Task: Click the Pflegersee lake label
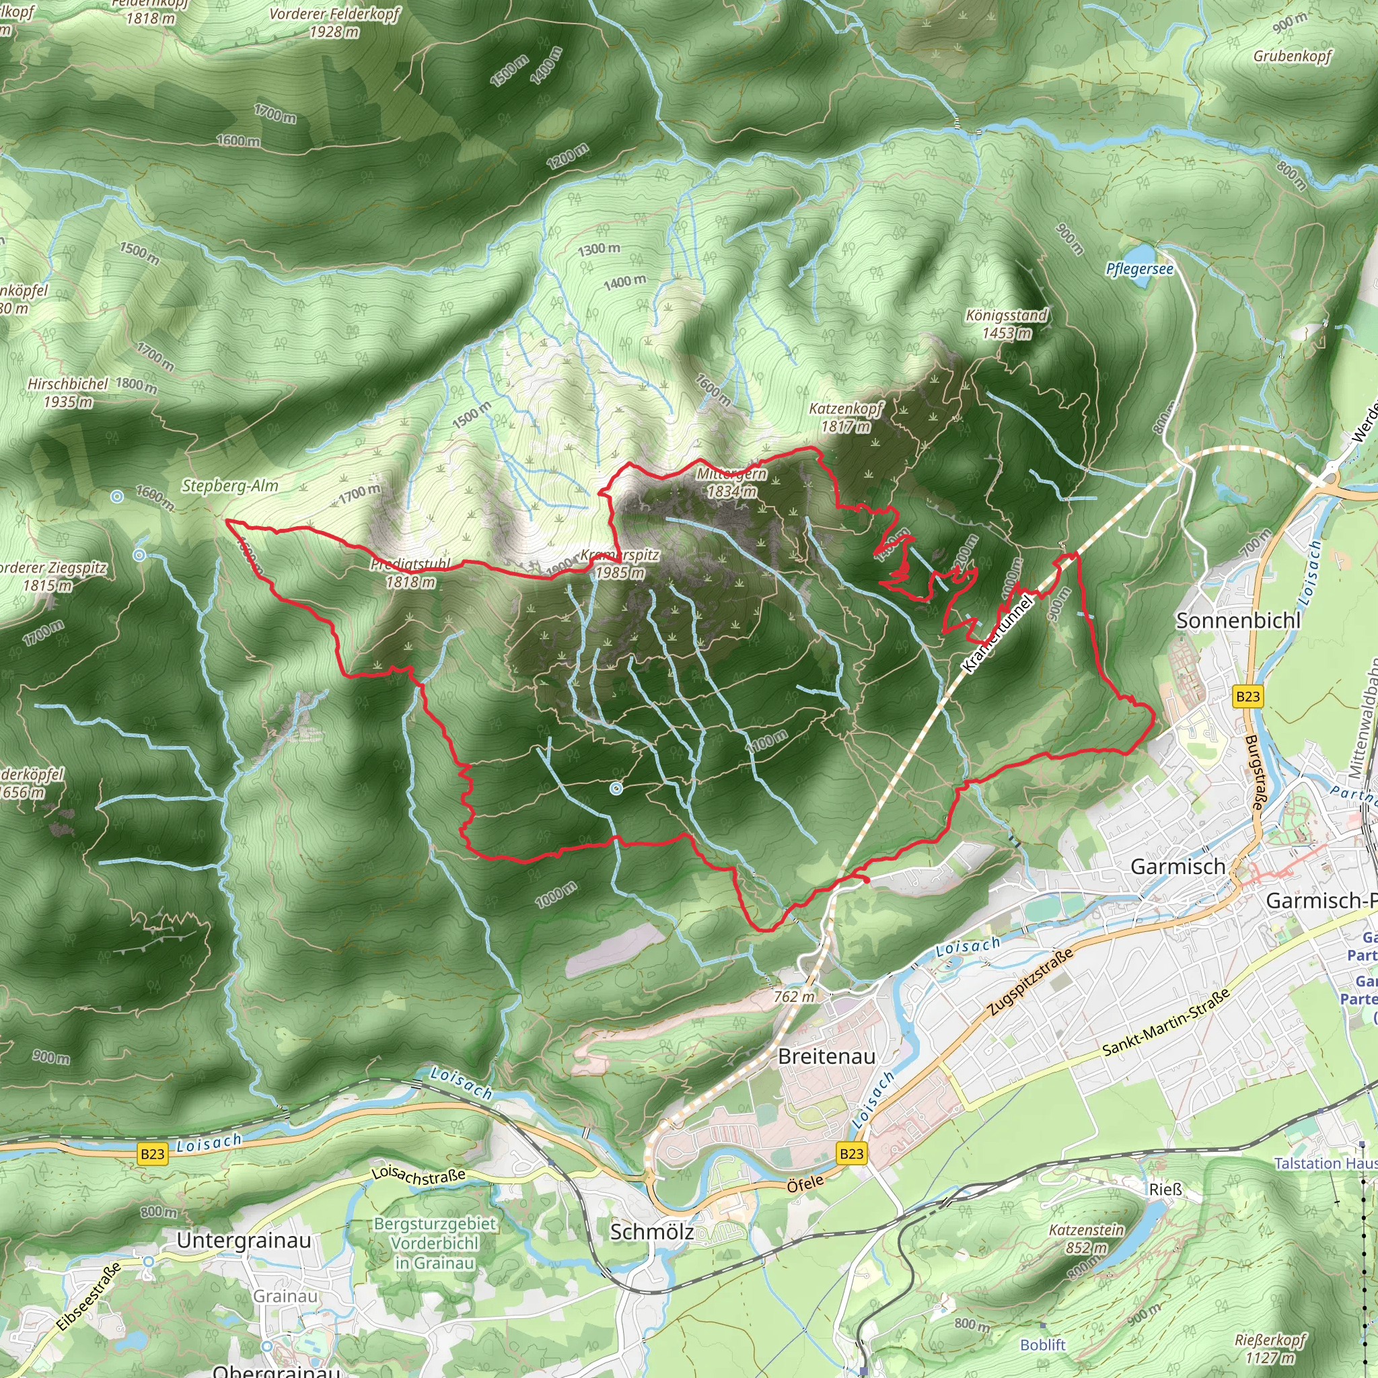1139,269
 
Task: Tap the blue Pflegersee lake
1139,254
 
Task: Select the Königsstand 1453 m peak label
1007,324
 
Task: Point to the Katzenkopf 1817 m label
846,417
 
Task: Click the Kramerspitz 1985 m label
620,563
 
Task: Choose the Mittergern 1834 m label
732,482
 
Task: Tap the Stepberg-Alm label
229,486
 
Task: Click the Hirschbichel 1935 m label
68,392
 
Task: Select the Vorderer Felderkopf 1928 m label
334,22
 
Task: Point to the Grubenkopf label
1293,56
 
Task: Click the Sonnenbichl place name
1238,620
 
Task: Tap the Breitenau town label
827,1056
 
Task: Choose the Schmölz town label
652,1232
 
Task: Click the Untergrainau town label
244,1239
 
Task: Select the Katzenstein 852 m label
1086,1239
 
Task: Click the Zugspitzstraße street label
1031,982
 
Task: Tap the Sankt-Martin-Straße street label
1166,1022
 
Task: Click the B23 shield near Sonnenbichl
1247,696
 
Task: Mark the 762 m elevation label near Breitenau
794,996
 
